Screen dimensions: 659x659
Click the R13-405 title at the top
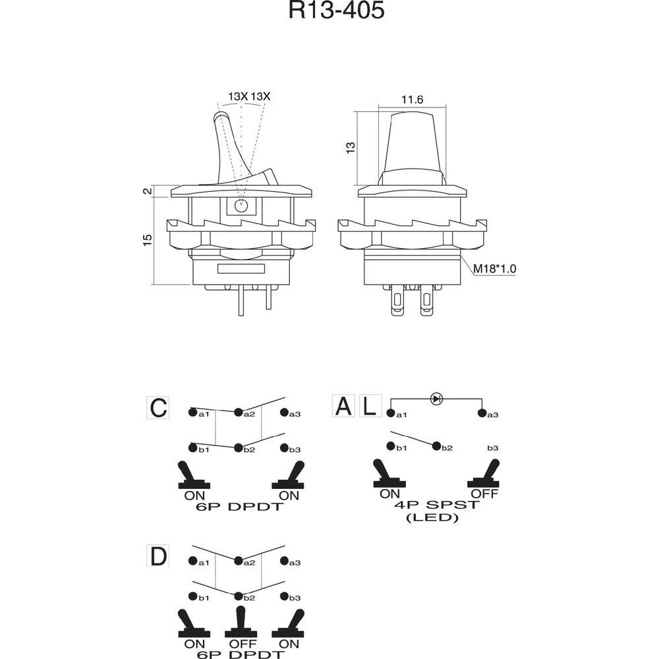[336, 11]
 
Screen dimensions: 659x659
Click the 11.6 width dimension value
[412, 100]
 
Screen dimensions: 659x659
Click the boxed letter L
[370, 406]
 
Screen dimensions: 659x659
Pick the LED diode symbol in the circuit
[436, 398]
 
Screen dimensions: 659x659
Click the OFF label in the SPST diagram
[484, 494]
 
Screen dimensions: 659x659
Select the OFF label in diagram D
[239, 643]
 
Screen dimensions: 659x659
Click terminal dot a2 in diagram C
[237, 413]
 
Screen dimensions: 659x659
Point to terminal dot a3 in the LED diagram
[482, 413]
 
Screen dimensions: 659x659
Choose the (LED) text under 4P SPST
[432, 517]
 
